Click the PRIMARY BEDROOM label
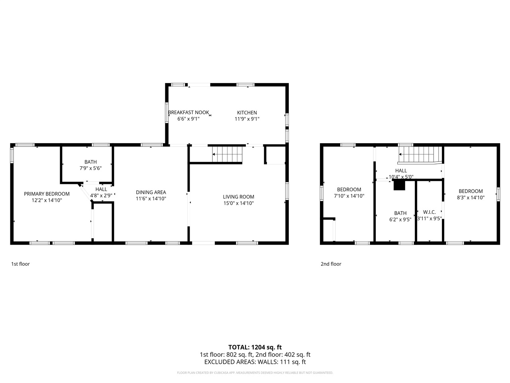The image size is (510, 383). (x=47, y=194)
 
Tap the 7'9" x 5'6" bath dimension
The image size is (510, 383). (x=90, y=168)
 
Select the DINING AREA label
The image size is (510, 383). (x=151, y=192)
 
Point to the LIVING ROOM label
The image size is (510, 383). (x=238, y=197)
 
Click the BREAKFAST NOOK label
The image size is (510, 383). (x=188, y=113)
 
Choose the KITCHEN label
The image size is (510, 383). (x=247, y=113)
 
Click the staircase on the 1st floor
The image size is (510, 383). (x=227, y=154)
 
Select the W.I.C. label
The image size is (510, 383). (x=429, y=212)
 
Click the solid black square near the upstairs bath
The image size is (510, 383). (x=399, y=186)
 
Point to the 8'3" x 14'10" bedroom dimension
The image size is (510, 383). (x=471, y=197)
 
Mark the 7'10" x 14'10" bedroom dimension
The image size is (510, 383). (x=349, y=196)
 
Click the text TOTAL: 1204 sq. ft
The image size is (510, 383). (x=255, y=347)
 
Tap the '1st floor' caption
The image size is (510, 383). (x=20, y=264)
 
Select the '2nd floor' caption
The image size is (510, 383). (x=331, y=264)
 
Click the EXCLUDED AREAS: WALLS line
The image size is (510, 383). (x=255, y=362)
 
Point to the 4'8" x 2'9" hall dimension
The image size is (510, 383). (x=101, y=195)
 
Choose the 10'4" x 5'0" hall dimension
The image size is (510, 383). (x=401, y=177)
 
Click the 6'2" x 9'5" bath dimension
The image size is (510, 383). (x=400, y=219)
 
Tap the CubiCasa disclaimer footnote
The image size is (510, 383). (x=255, y=373)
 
